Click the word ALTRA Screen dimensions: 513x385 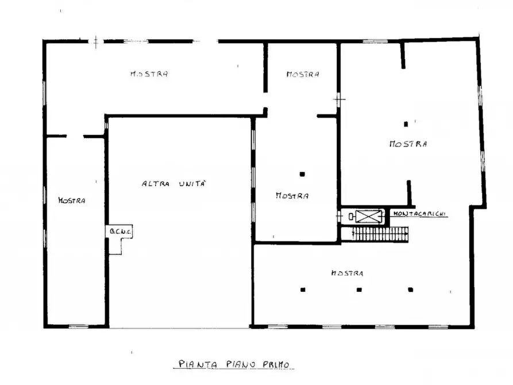(x=156, y=184)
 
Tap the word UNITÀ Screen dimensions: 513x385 (x=192, y=183)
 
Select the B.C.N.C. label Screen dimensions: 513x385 (x=121, y=232)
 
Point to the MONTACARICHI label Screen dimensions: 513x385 (x=420, y=213)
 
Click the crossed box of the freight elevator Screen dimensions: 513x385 (x=368, y=217)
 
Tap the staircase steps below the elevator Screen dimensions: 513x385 (x=380, y=234)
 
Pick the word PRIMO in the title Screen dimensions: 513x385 (x=276, y=364)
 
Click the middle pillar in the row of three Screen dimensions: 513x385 (x=359, y=290)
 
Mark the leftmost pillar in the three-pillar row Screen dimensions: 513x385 (x=303, y=290)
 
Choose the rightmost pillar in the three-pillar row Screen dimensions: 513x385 (x=411, y=290)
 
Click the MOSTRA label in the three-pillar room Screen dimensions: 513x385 (x=347, y=273)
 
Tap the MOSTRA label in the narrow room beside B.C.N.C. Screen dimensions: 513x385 (x=72, y=201)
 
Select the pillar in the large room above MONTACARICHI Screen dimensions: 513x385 (x=406, y=124)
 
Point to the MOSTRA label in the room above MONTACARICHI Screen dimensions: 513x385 (x=408, y=144)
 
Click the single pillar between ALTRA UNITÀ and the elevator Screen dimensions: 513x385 (x=302, y=174)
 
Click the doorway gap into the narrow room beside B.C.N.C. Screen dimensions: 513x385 (x=75, y=136)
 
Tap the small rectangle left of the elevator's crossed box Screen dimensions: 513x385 (x=351, y=217)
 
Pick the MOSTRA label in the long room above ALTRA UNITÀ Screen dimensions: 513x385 (x=149, y=74)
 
